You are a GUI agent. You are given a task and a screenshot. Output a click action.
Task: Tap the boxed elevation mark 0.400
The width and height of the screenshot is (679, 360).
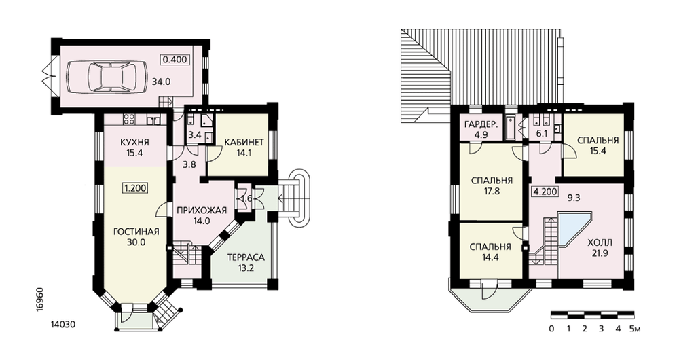click(175, 59)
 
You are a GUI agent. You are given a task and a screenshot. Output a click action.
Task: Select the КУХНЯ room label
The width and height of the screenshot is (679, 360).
click(134, 142)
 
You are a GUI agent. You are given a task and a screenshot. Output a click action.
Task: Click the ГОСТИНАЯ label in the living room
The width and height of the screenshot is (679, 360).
click(136, 232)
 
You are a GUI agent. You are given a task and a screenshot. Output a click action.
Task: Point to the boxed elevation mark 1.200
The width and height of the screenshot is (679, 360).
click(135, 188)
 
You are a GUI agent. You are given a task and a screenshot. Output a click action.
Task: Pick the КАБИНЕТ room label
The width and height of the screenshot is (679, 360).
click(244, 142)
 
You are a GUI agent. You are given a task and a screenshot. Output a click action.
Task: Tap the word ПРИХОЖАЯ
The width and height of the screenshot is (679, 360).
click(202, 211)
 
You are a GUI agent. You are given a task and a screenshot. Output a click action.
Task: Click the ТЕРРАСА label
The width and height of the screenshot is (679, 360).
click(246, 257)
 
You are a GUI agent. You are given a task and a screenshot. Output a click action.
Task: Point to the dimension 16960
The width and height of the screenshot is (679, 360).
click(39, 298)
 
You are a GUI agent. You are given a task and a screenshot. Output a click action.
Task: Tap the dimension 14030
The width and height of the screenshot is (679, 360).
click(63, 324)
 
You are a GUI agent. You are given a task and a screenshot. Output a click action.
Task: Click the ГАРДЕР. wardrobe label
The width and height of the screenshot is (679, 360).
click(481, 125)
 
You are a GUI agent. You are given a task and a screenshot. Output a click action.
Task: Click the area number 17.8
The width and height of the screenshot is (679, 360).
click(492, 190)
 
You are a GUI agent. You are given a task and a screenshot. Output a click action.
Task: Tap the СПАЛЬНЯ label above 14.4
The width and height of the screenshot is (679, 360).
click(490, 247)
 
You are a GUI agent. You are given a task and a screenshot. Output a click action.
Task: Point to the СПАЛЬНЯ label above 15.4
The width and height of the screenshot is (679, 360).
click(598, 141)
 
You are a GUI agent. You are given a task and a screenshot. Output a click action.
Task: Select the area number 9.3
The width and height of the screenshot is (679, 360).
click(574, 198)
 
